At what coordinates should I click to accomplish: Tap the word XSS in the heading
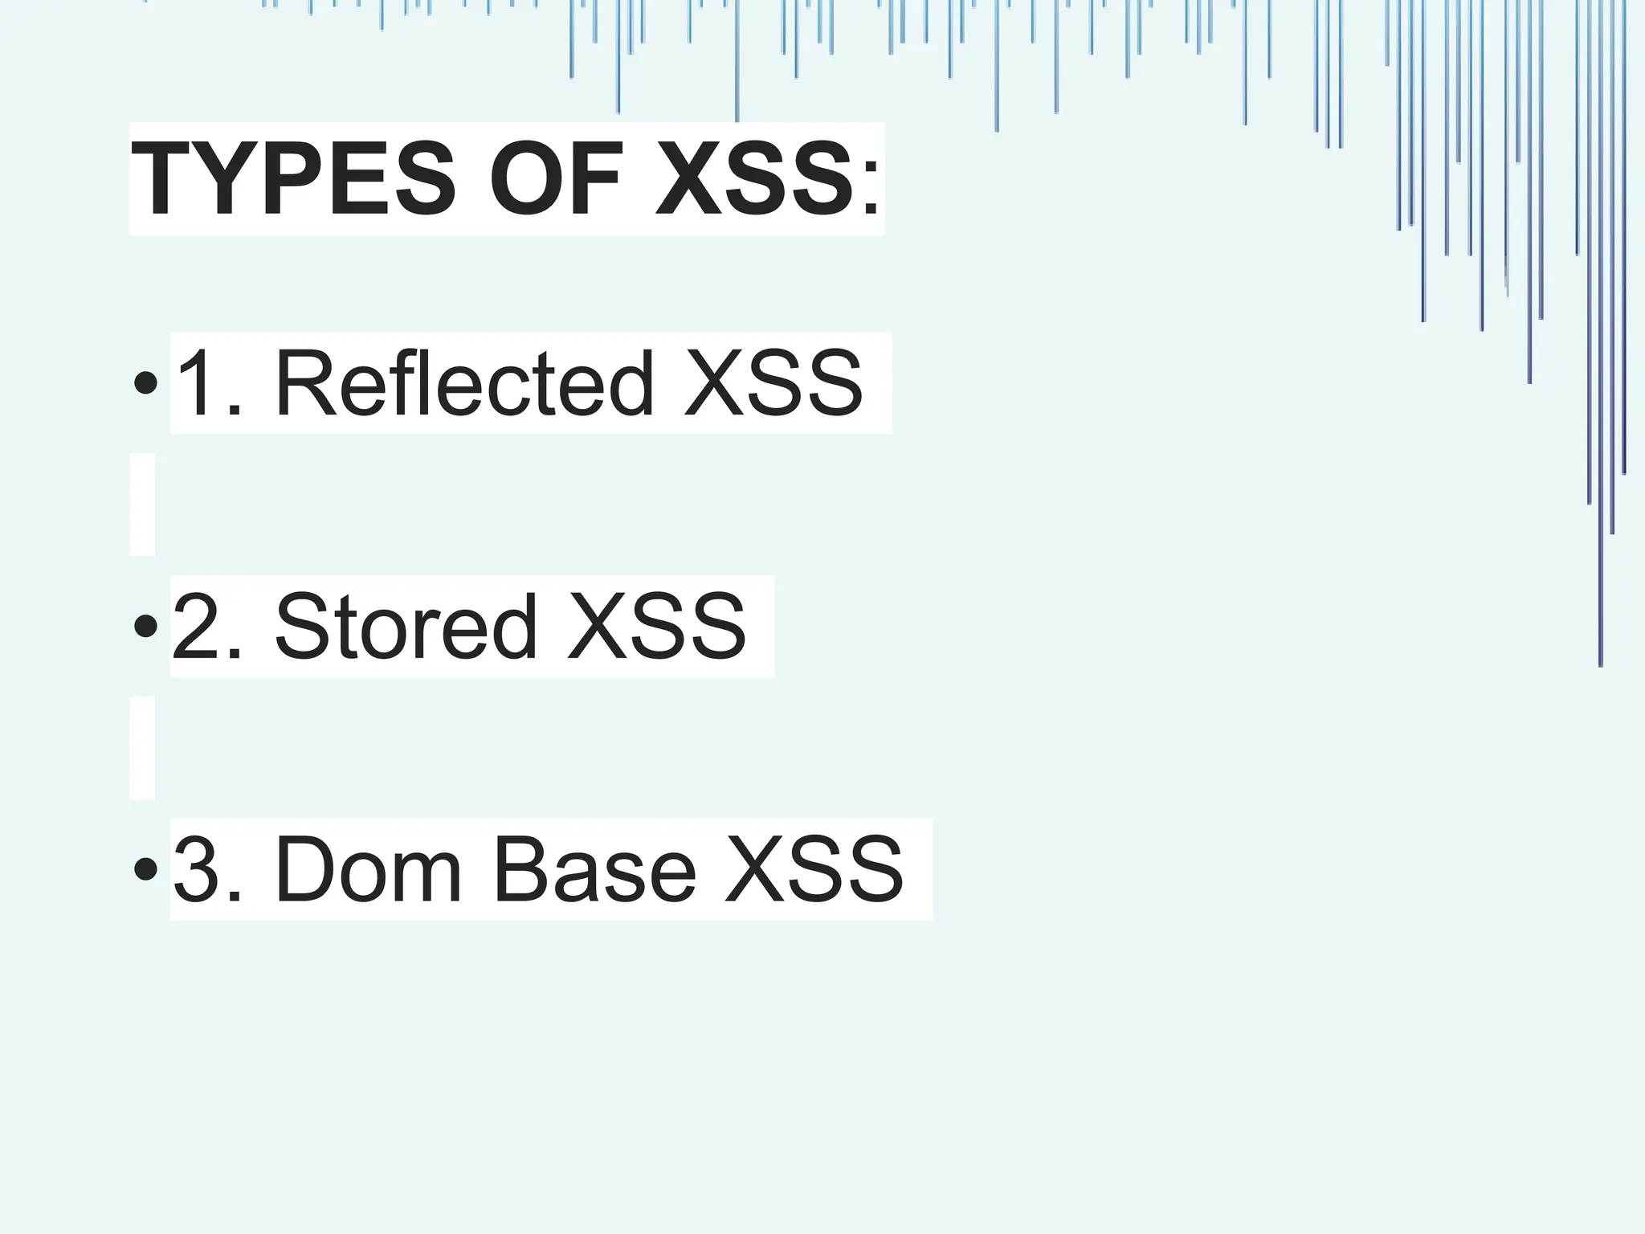pos(755,178)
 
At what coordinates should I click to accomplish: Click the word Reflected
pos(464,383)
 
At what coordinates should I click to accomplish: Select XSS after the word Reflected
pos(773,383)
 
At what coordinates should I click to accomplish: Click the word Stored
pos(406,627)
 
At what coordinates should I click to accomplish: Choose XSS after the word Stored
pos(656,627)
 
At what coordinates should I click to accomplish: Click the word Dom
pos(369,870)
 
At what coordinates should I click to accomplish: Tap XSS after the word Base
pos(814,870)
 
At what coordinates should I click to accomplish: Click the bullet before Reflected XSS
pos(145,383)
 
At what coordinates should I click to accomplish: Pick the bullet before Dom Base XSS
pos(145,869)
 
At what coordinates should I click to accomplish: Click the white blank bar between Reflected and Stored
pos(142,505)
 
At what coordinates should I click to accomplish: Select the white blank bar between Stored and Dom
pos(142,748)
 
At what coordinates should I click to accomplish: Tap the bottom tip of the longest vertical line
pos(1601,665)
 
